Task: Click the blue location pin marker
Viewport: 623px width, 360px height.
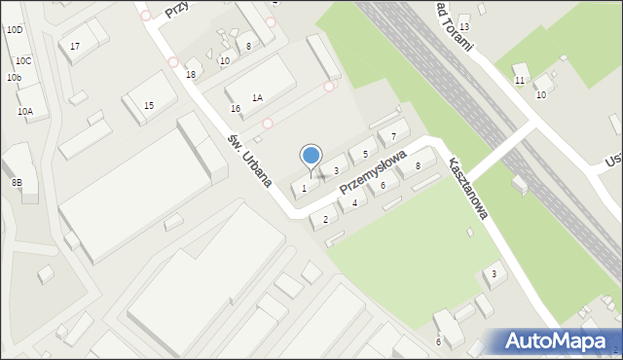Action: (x=311, y=156)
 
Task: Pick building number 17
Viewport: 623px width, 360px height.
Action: (x=75, y=47)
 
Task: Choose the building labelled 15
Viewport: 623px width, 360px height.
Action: (x=149, y=105)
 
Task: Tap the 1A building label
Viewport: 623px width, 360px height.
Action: (x=257, y=97)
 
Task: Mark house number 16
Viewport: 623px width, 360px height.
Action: (x=235, y=108)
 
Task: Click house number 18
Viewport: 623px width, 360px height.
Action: (x=191, y=74)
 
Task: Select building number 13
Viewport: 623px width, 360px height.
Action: (x=464, y=26)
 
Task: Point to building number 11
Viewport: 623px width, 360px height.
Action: (x=520, y=80)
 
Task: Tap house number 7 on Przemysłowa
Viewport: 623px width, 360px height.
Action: (x=393, y=135)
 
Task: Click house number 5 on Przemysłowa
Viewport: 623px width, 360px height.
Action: (x=365, y=154)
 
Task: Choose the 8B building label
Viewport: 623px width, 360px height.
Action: (x=17, y=182)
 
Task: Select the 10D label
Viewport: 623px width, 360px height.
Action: (x=14, y=31)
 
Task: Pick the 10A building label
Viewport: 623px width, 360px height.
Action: (x=25, y=112)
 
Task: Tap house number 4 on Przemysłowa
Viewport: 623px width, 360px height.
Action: (x=354, y=203)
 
